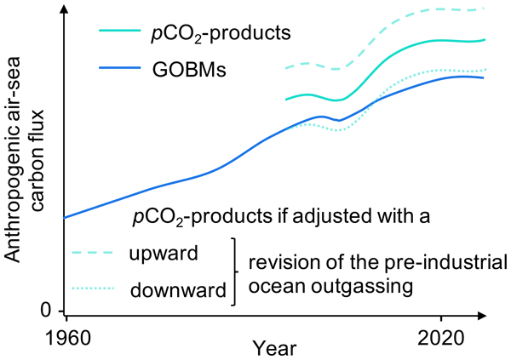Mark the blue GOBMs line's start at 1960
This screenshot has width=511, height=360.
[x=66, y=218]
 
